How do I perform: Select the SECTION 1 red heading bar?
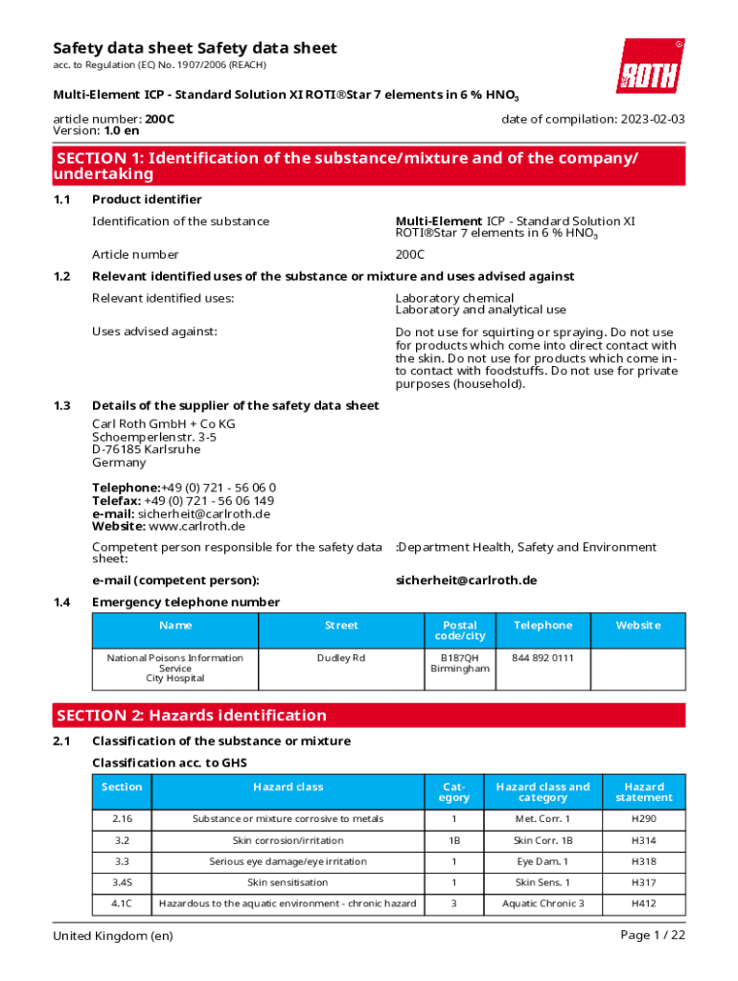(368, 166)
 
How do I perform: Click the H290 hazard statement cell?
(644, 819)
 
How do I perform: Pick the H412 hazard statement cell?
(644, 903)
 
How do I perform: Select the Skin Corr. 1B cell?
(542, 840)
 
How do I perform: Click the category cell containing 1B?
(453, 840)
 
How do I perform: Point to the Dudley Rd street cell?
(341, 658)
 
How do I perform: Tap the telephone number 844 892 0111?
(542, 658)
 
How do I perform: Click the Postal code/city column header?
(459, 630)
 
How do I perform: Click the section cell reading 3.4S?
(121, 882)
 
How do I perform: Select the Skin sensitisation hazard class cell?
(288, 882)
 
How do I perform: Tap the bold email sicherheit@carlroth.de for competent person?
(466, 581)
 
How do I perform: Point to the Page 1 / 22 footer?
(653, 936)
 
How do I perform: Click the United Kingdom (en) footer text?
(113, 936)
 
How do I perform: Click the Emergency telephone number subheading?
(186, 603)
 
